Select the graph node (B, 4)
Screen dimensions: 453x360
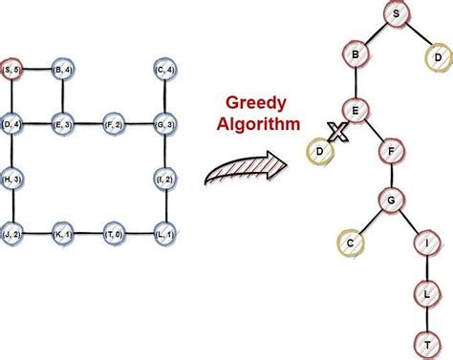pyautogui.click(x=63, y=70)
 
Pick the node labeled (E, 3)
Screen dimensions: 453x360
pyautogui.click(x=63, y=124)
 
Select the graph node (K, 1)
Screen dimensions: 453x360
pyautogui.click(x=63, y=234)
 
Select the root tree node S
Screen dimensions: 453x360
pyautogui.click(x=394, y=13)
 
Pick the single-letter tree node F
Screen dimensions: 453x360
pyautogui.click(x=387, y=151)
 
